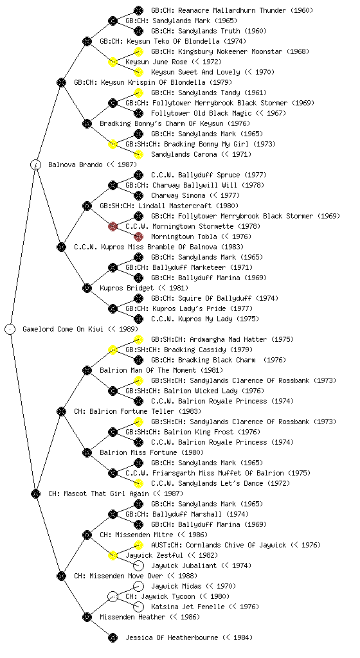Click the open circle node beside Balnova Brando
coord(35,164)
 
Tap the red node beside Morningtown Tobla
coord(138,236)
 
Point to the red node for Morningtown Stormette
coord(113,226)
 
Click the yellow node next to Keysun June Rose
coord(113,62)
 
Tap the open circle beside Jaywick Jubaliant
coord(138,565)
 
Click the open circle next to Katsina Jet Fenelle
coord(138,607)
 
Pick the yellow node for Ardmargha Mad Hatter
coord(138,339)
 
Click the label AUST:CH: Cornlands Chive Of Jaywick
coord(219,545)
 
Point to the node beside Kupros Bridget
coord(87,288)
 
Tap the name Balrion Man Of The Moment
coord(148,370)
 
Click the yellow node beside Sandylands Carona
coord(138,154)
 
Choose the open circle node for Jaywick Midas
coord(138,586)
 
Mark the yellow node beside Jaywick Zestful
coord(113,555)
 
